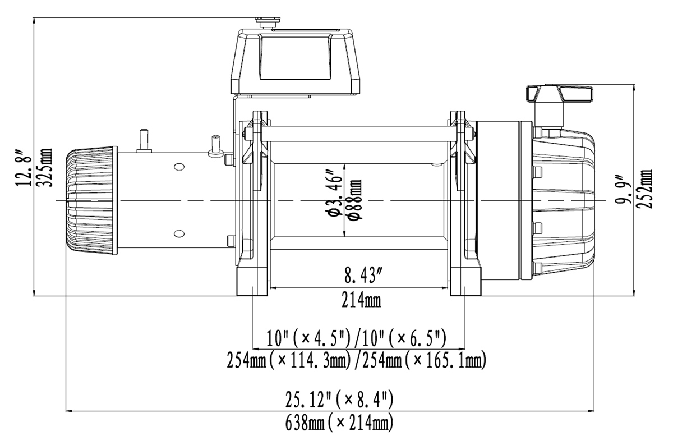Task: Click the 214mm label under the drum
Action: [x=361, y=300]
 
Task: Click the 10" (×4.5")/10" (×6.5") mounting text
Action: [x=357, y=338]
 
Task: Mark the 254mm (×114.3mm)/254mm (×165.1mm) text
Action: [x=357, y=359]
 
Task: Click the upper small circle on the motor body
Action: [x=178, y=167]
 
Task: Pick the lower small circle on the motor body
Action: [x=178, y=233]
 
